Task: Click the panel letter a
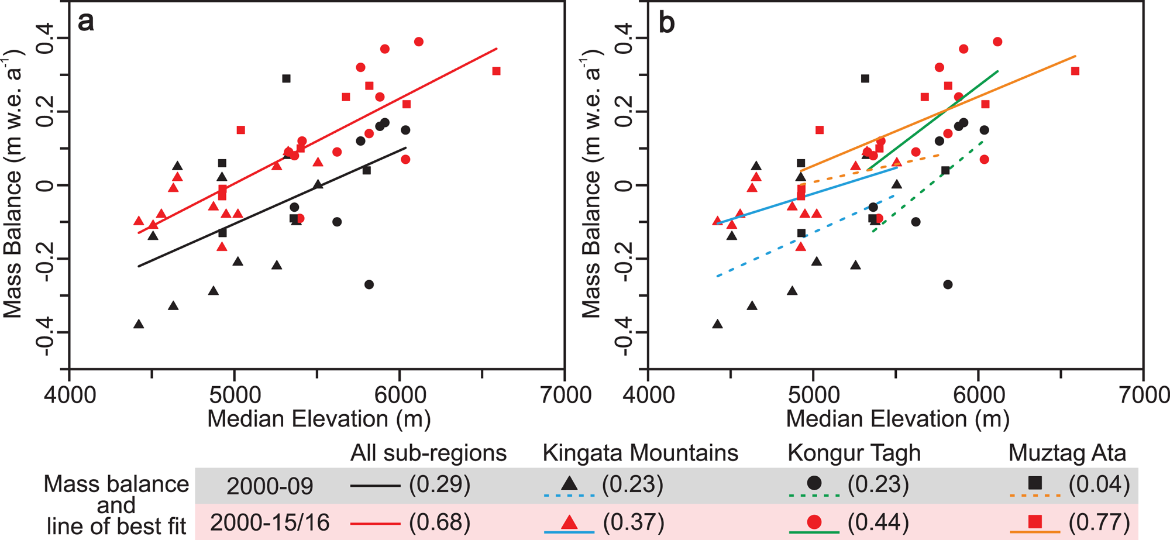pyautogui.click(x=85, y=22)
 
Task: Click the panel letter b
pyautogui.click(x=666, y=22)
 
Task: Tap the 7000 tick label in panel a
pyautogui.click(x=565, y=395)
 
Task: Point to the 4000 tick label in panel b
pyautogui.click(x=648, y=395)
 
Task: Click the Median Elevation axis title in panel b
pyautogui.click(x=897, y=419)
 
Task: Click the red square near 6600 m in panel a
pyautogui.click(x=496, y=71)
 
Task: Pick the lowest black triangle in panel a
pyautogui.click(x=139, y=324)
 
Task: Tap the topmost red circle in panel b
pyautogui.click(x=997, y=42)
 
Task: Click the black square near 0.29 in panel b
pyautogui.click(x=865, y=78)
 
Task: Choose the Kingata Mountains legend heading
pyautogui.click(x=640, y=453)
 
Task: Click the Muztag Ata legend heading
pyautogui.click(x=1067, y=453)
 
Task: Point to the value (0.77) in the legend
pyautogui.click(x=1099, y=522)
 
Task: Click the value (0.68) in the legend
pyautogui.click(x=439, y=522)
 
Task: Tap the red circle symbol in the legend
pyautogui.click(x=814, y=521)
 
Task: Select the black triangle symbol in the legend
pyautogui.click(x=569, y=483)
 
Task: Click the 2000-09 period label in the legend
pyautogui.click(x=270, y=486)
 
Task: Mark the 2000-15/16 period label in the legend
pyautogui.click(x=270, y=522)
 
